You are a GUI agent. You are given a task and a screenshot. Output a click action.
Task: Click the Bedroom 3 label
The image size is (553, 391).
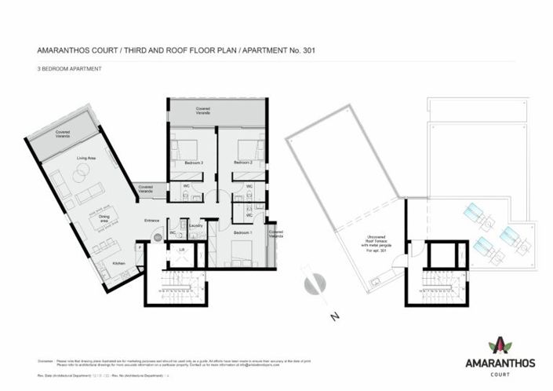click(x=194, y=163)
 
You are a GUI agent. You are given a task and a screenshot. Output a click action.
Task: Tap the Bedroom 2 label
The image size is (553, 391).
click(x=249, y=163)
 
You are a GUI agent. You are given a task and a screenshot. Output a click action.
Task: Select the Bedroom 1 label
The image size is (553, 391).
click(x=245, y=233)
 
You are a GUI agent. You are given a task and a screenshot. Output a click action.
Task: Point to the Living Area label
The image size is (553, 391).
click(x=85, y=159)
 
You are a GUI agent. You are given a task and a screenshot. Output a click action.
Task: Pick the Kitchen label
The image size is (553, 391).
click(x=118, y=262)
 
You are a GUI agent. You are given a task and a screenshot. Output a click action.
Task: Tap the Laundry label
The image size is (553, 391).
click(x=196, y=226)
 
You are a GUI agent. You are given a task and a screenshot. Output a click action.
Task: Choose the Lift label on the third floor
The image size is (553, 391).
click(x=182, y=249)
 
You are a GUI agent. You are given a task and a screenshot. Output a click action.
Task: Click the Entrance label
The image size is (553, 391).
click(x=151, y=220)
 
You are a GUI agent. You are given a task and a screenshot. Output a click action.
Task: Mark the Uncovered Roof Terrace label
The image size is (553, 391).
click(x=367, y=241)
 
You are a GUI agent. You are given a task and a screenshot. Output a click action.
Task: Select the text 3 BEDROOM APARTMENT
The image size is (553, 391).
click(x=69, y=69)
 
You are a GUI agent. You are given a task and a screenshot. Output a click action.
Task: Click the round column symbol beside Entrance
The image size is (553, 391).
click(x=157, y=236)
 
